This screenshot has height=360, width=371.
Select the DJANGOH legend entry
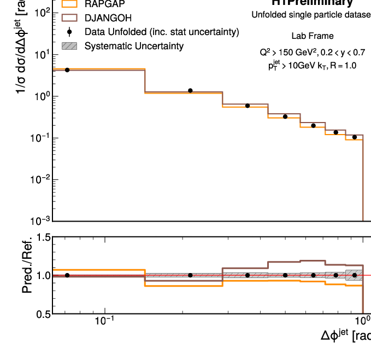coord(108,18)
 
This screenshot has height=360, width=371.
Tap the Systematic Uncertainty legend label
coord(134,46)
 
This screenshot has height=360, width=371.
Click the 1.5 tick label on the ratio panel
coord(43,238)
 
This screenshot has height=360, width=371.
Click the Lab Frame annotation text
coord(312,36)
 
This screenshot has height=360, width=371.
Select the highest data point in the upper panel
coord(67,70)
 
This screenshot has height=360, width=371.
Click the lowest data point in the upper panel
coord(354,137)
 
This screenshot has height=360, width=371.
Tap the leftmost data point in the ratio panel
coord(67,275)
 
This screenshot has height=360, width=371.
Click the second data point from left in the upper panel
coord(190,90)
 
